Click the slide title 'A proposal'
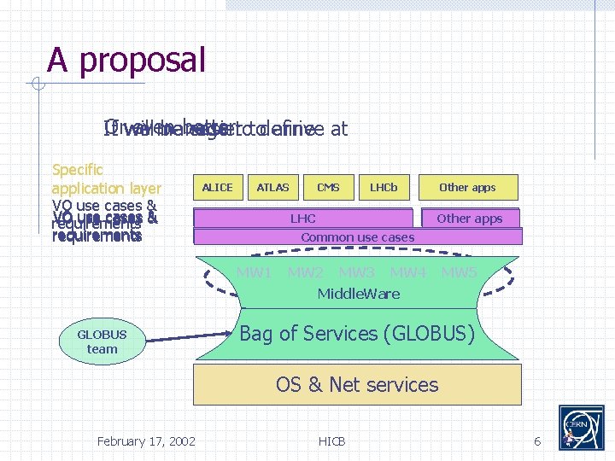click(x=126, y=61)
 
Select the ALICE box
click(x=217, y=187)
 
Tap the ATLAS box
click(x=272, y=187)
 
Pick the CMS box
click(x=328, y=187)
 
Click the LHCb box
click(x=384, y=187)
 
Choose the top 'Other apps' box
click(x=467, y=187)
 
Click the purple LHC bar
click(x=303, y=219)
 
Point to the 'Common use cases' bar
click(x=357, y=236)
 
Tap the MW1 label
click(x=254, y=273)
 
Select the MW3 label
click(x=356, y=273)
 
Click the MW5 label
click(x=459, y=273)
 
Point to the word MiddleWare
click(x=358, y=294)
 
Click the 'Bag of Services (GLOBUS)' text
click(x=356, y=334)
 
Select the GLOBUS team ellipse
click(x=102, y=341)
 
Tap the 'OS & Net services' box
click(x=357, y=384)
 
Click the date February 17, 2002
click(x=146, y=441)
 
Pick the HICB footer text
click(x=331, y=441)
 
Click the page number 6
click(x=537, y=441)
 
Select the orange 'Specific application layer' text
click(x=106, y=178)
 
